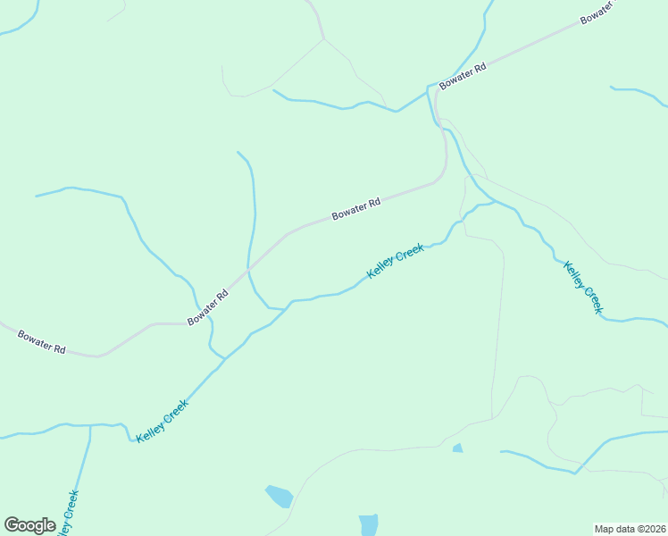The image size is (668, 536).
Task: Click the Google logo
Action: pos(29,525)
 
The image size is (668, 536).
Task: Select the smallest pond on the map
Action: pos(458,448)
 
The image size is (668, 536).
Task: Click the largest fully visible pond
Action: pos(279,496)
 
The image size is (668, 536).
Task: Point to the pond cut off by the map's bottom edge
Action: pos(368,524)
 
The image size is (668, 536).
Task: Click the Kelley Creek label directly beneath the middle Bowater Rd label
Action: pos(396,262)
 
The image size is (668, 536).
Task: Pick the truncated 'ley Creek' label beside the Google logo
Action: pos(68,514)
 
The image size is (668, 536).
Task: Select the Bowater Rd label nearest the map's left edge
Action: pos(42,342)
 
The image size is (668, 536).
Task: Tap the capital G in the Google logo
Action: pos(12,524)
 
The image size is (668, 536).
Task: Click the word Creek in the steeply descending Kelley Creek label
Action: pos(592,298)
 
